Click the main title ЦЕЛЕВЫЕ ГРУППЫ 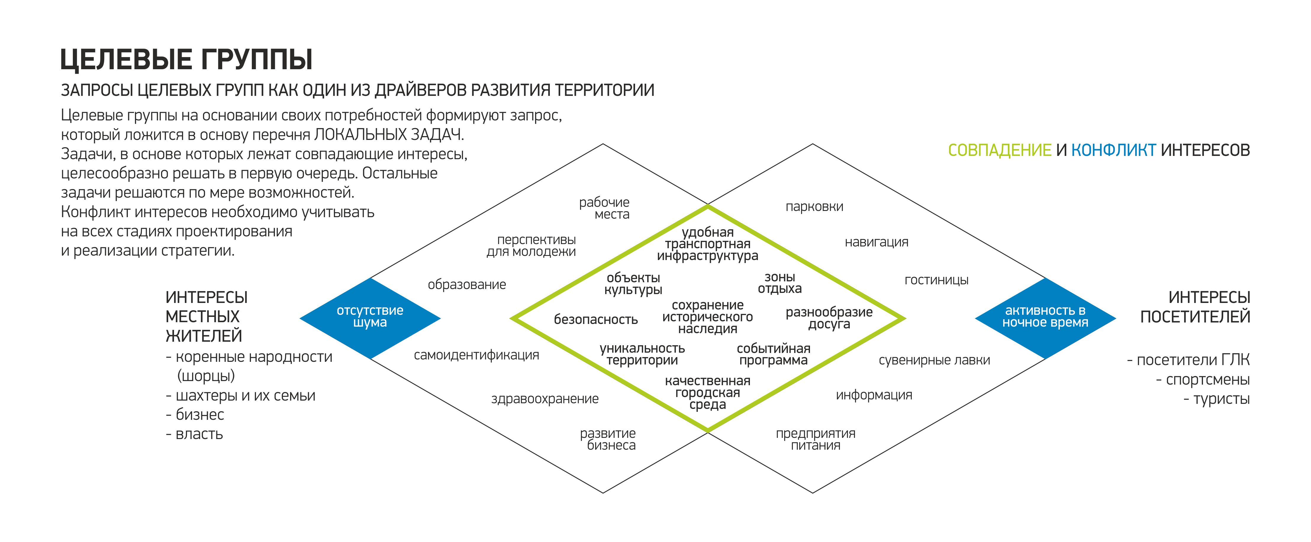(x=186, y=59)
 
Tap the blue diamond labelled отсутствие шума (x=370, y=318)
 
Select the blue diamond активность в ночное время (x=1045, y=318)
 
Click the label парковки (x=814, y=207)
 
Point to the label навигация (x=876, y=242)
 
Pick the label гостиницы (x=936, y=280)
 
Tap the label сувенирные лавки (x=934, y=360)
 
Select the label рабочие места (x=605, y=208)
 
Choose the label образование (x=467, y=285)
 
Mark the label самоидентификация (x=476, y=355)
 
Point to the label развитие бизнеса (x=608, y=439)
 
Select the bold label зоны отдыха (x=780, y=283)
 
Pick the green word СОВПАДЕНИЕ (x=1000, y=150)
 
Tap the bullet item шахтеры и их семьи (x=241, y=396)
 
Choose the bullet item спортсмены (x=1203, y=380)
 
